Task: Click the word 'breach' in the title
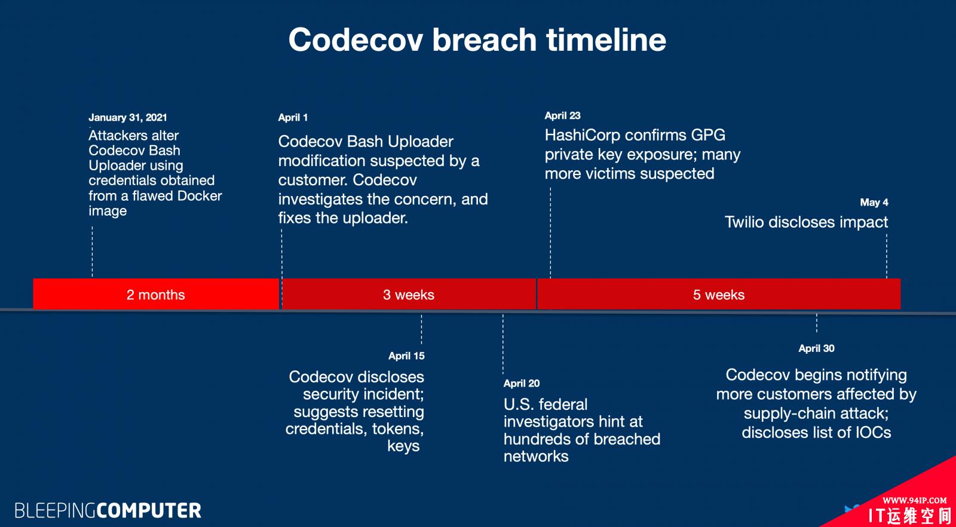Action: (x=484, y=39)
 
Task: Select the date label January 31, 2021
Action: (x=128, y=117)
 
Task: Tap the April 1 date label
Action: (x=293, y=117)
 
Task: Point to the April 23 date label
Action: (x=562, y=116)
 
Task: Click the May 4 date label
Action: (x=874, y=203)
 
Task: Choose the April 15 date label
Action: (x=406, y=356)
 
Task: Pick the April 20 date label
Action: (x=522, y=383)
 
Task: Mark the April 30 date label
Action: (x=816, y=348)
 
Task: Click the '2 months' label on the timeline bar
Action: (x=156, y=295)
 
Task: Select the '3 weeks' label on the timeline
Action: (x=409, y=295)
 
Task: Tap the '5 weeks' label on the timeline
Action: (x=719, y=295)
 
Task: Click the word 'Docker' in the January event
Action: (x=200, y=196)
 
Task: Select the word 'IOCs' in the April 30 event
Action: (x=873, y=433)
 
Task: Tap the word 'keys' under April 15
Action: (x=403, y=446)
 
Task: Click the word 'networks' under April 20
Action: (x=536, y=456)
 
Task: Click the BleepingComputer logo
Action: (x=108, y=511)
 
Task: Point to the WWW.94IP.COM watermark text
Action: (x=915, y=501)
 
